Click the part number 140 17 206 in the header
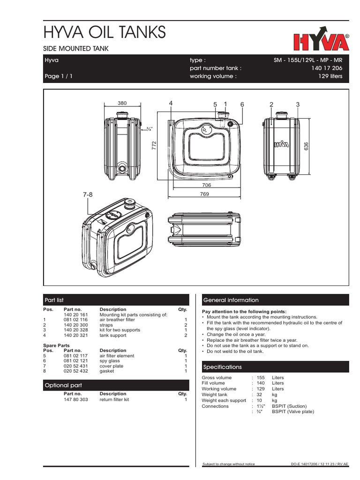(327, 68)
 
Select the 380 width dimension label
(122, 104)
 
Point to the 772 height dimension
(153, 146)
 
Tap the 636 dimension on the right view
(306, 146)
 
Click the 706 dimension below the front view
(207, 185)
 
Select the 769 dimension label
(205, 193)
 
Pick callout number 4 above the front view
(171, 103)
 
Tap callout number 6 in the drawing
(242, 104)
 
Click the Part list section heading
(54, 300)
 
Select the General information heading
(230, 300)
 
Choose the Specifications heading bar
(222, 367)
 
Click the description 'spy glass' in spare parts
(109, 360)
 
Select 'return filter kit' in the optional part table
(114, 400)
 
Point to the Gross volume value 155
(261, 377)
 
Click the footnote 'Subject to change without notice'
(228, 464)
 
